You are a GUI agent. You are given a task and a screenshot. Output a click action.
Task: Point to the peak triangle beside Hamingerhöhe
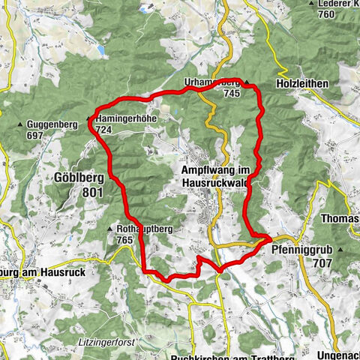pyautogui.click(x=89, y=119)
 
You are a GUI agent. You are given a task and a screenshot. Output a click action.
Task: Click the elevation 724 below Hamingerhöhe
pyautogui.click(x=103, y=130)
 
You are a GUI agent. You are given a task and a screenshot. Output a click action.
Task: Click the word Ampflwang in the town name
pyautogui.click(x=209, y=170)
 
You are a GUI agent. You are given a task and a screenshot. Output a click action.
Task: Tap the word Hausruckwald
pyautogui.click(x=216, y=181)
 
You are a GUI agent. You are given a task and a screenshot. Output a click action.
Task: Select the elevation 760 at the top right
pyautogui.click(x=325, y=14)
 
